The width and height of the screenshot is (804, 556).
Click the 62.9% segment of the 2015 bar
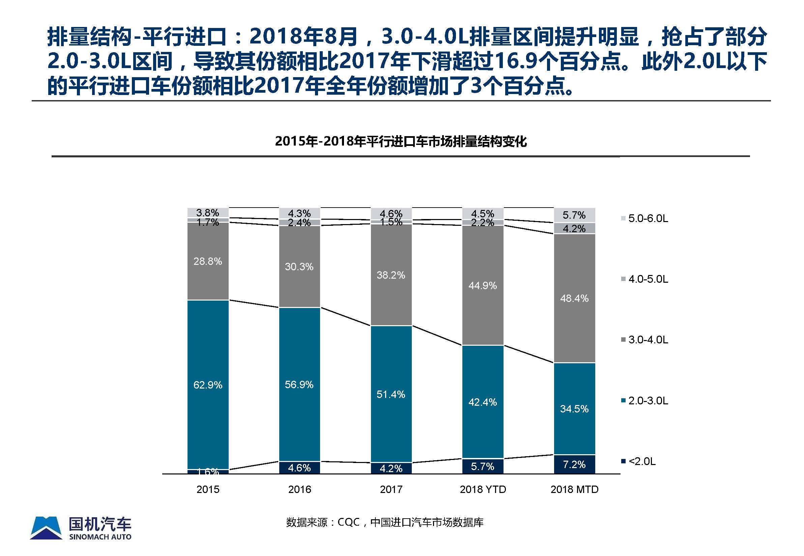(x=208, y=384)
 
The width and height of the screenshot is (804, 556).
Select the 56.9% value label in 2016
(x=299, y=384)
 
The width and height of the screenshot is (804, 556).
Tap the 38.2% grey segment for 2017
(x=391, y=275)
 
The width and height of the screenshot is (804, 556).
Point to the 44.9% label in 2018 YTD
(x=483, y=286)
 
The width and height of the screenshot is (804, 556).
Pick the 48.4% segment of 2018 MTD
(x=574, y=298)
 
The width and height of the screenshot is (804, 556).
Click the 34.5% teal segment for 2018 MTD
(x=574, y=409)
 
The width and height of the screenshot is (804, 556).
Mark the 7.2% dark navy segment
(x=574, y=464)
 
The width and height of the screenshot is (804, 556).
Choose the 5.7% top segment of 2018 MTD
(x=574, y=215)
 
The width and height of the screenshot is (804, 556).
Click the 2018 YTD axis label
(x=483, y=490)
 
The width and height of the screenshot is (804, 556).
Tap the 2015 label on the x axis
(x=208, y=490)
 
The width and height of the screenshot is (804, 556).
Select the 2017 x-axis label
(x=391, y=490)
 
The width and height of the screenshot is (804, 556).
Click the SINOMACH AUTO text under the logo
(x=100, y=537)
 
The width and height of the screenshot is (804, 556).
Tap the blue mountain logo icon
(x=46, y=528)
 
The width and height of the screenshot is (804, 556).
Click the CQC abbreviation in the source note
(x=348, y=522)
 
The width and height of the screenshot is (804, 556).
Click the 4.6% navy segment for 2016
(x=299, y=467)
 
